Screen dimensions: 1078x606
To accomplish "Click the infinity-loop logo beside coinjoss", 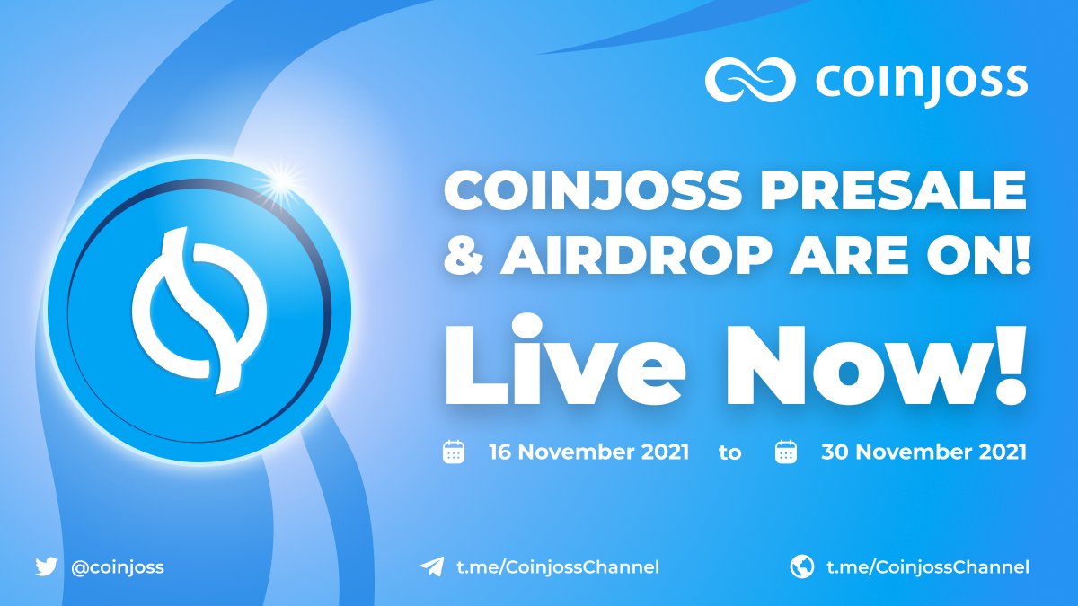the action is point(749,80).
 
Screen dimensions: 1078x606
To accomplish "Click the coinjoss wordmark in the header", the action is point(922,83).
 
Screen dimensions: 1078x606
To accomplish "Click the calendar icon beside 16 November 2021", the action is point(454,452).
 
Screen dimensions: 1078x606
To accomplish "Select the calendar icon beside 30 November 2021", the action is point(786,452).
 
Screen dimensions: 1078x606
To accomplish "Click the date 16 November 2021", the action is point(589,452).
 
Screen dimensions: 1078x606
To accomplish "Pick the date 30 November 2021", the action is point(924,452).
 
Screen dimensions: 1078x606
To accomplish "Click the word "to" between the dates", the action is point(730,453).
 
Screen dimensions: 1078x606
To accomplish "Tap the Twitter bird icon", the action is point(46,566).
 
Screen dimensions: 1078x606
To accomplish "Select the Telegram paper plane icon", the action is point(432,566).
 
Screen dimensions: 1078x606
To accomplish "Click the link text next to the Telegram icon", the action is point(558,567).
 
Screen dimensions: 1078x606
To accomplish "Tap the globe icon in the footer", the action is point(802,566).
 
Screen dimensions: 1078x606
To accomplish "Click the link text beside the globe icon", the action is point(928,567).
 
